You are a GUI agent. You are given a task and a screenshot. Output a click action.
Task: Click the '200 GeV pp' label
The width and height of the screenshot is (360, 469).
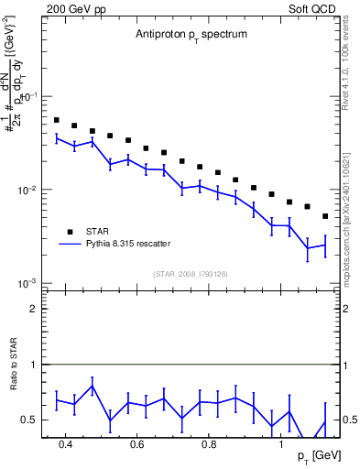tap(75, 7)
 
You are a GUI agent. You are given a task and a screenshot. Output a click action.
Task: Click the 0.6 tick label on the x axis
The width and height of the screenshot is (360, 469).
tap(136, 445)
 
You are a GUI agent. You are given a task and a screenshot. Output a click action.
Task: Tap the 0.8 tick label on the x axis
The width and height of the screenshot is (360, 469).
tap(209, 445)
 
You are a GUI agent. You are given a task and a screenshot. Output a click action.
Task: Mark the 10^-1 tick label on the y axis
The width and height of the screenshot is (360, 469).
tap(30, 96)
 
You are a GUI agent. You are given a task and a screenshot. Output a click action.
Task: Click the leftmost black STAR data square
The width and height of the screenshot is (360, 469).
tap(56, 120)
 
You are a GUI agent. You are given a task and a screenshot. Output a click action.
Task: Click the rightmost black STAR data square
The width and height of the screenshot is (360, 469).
tap(325, 216)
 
